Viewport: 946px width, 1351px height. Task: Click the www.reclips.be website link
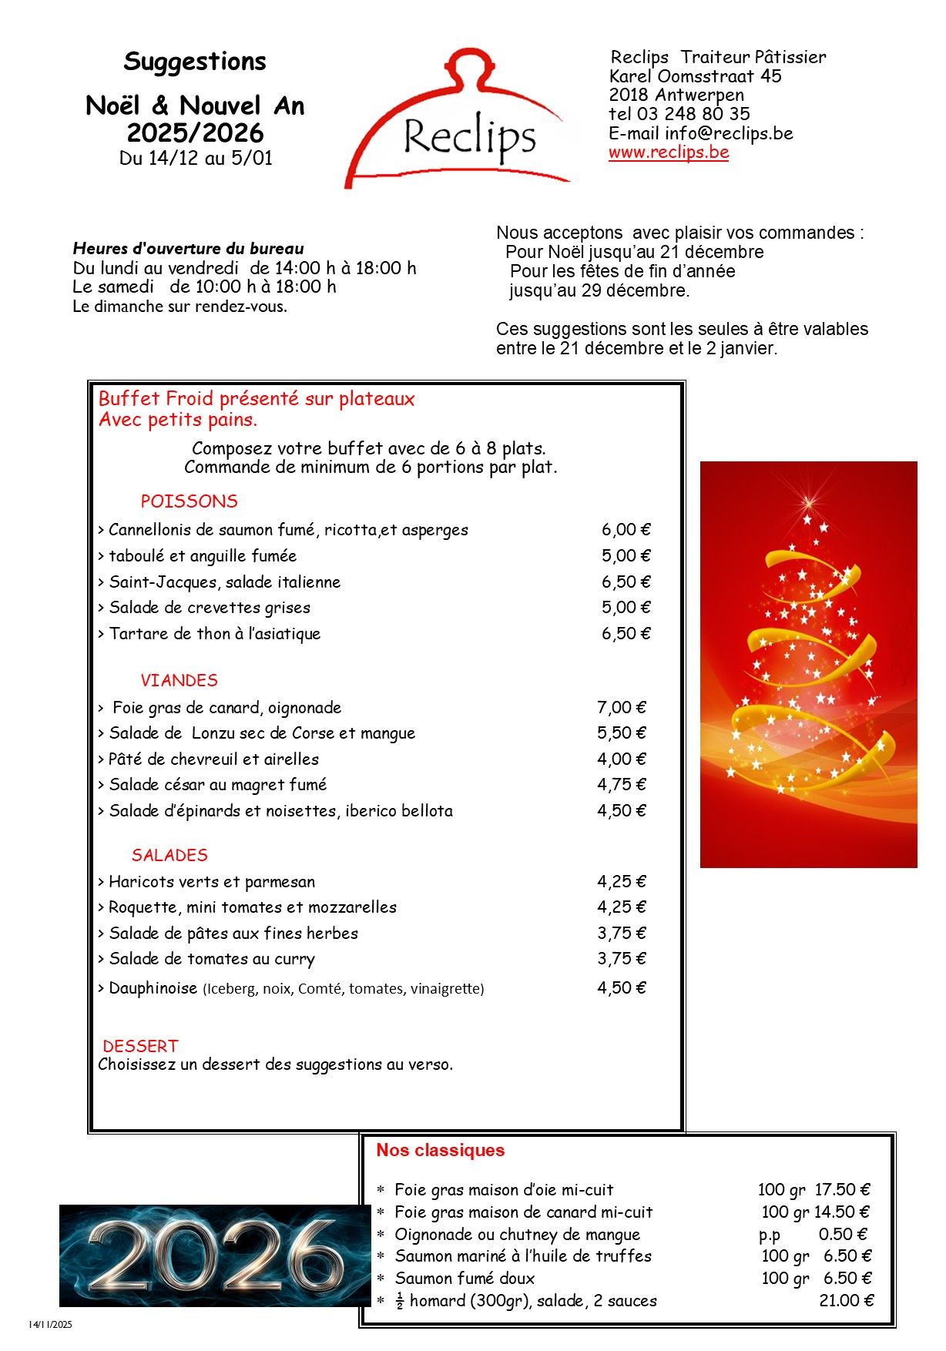pos(668,153)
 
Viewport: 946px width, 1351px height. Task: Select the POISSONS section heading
pos(189,501)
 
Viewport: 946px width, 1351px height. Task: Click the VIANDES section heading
pos(179,681)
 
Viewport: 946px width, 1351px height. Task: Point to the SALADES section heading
pos(169,855)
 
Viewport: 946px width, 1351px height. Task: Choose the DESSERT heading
pos(140,1046)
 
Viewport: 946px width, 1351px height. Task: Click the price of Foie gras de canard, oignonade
pos(621,707)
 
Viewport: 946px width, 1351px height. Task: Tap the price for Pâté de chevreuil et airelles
pos(621,759)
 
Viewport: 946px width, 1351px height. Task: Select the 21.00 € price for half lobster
pos(846,1301)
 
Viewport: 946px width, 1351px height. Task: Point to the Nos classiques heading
pos(440,1150)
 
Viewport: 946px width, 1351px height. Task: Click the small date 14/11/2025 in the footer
pos(50,1325)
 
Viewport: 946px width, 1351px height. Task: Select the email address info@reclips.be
pos(729,133)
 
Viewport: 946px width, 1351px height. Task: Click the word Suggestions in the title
pos(195,62)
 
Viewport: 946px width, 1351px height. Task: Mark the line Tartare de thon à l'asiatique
pos(214,634)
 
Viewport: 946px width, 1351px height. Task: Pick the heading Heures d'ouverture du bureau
pos(188,249)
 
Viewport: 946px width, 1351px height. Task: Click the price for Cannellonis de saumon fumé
pos(626,530)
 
